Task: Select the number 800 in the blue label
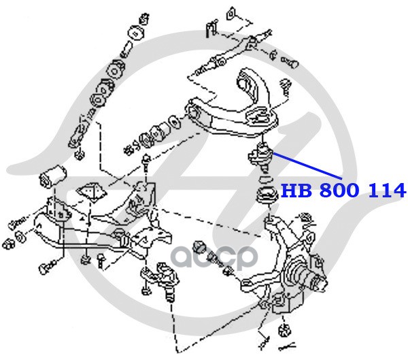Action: click(337, 191)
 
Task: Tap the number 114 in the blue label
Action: click(385, 191)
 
